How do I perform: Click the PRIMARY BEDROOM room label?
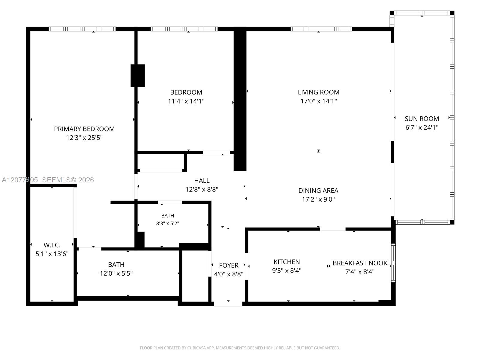[x=84, y=129]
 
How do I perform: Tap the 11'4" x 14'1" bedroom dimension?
[x=186, y=101]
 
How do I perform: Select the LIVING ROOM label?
[x=319, y=92]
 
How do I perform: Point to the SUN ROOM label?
[x=422, y=119]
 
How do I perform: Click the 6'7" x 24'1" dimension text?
[x=422, y=127]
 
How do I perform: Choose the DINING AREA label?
[x=318, y=190]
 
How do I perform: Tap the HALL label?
[x=202, y=181]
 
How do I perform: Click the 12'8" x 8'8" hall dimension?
[x=202, y=189]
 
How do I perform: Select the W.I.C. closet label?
[x=52, y=245]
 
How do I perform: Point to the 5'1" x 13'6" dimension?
[x=52, y=254]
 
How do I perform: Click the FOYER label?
[x=229, y=265]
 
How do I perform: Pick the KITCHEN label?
[x=287, y=262]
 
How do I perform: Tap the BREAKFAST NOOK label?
[x=360, y=263]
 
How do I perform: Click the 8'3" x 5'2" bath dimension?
[x=167, y=223]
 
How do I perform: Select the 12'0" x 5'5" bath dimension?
[x=116, y=273]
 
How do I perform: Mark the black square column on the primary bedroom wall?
[x=137, y=76]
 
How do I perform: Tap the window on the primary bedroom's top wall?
[x=82, y=29]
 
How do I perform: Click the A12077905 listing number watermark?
[x=20, y=180]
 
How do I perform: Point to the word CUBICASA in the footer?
[x=196, y=348]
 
